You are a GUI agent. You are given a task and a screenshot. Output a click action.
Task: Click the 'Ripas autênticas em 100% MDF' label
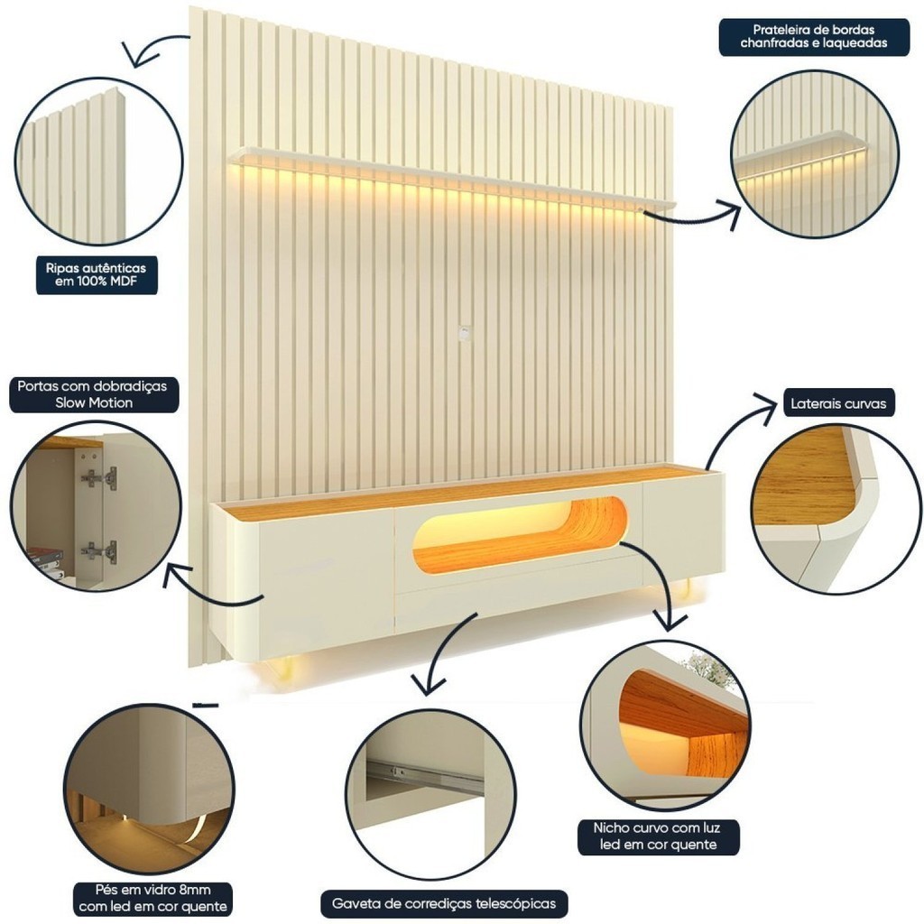click(97, 274)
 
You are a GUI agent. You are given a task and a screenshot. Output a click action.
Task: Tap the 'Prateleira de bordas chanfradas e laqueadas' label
click(814, 36)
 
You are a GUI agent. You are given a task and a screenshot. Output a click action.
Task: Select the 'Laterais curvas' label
click(838, 403)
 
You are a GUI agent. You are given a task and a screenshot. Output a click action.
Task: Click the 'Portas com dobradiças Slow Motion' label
click(93, 394)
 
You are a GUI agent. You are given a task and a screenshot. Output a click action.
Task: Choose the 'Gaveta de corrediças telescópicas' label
click(444, 903)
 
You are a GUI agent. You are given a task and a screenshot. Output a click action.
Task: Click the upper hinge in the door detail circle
click(99, 477)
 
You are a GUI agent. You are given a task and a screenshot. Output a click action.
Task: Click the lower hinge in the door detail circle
click(99, 551)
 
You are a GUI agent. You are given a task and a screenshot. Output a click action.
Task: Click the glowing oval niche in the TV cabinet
click(520, 534)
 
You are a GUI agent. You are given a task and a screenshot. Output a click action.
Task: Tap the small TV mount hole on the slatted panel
click(465, 331)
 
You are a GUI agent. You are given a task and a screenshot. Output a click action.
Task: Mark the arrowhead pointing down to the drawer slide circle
click(429, 686)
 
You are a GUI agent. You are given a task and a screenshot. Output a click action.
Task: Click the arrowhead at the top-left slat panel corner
click(134, 55)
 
